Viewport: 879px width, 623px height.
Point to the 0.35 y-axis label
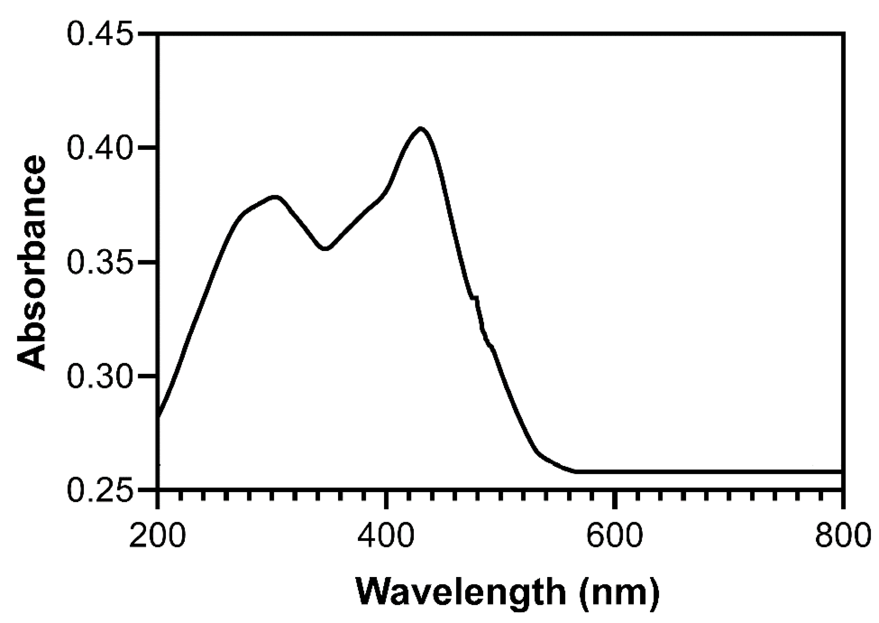click(101, 263)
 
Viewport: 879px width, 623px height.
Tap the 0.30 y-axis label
click(101, 376)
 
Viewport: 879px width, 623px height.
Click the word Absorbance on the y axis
click(31, 263)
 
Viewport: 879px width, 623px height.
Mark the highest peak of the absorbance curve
click(421, 129)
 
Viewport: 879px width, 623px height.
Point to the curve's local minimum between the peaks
click(325, 249)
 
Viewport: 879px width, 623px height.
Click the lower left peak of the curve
click(275, 197)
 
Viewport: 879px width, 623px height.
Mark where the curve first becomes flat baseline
click(575, 471)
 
